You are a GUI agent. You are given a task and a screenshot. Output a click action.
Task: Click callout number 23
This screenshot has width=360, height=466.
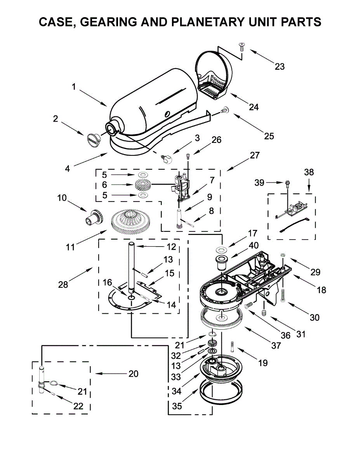tap(279, 66)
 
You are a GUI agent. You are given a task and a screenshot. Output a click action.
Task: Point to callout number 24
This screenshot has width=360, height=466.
tap(254, 107)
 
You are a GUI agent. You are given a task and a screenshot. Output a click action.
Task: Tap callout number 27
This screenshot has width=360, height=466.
tap(254, 155)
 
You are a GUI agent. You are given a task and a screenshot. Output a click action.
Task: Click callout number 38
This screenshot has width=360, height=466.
tap(309, 172)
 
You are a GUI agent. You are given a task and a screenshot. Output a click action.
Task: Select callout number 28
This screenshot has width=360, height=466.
tap(63, 285)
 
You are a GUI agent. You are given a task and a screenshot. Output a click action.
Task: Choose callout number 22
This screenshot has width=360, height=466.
tap(78, 406)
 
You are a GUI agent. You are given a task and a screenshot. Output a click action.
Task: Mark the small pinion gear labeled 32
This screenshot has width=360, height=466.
tap(212, 343)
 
